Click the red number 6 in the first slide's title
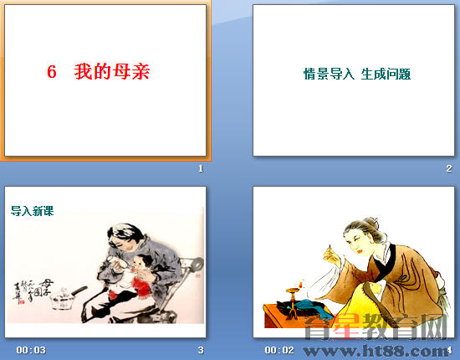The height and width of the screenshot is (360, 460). [52, 73]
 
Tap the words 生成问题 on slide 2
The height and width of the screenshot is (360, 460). [386, 74]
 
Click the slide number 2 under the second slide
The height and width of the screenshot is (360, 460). [449, 169]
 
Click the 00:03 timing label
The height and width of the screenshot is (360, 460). [30, 349]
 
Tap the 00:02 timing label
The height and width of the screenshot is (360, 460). [279, 349]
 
